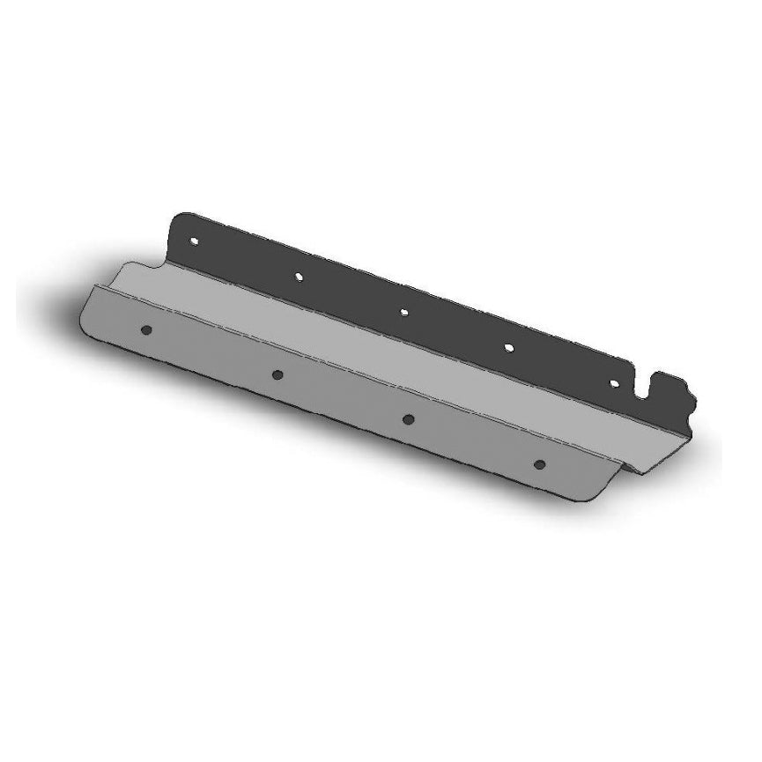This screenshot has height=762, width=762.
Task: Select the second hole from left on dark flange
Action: click(x=300, y=276)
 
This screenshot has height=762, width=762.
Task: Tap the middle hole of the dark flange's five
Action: click(x=404, y=311)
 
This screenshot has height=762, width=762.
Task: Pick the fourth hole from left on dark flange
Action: click(x=509, y=347)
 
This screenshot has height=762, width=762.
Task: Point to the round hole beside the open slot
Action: click(x=615, y=384)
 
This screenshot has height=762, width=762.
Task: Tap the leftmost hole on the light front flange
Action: click(x=146, y=329)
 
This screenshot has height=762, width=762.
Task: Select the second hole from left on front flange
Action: click(x=277, y=374)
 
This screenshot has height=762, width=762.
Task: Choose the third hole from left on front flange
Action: click(x=409, y=418)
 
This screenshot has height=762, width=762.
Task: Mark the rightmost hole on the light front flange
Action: click(x=540, y=463)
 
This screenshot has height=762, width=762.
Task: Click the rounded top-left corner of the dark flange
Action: click(x=182, y=217)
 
